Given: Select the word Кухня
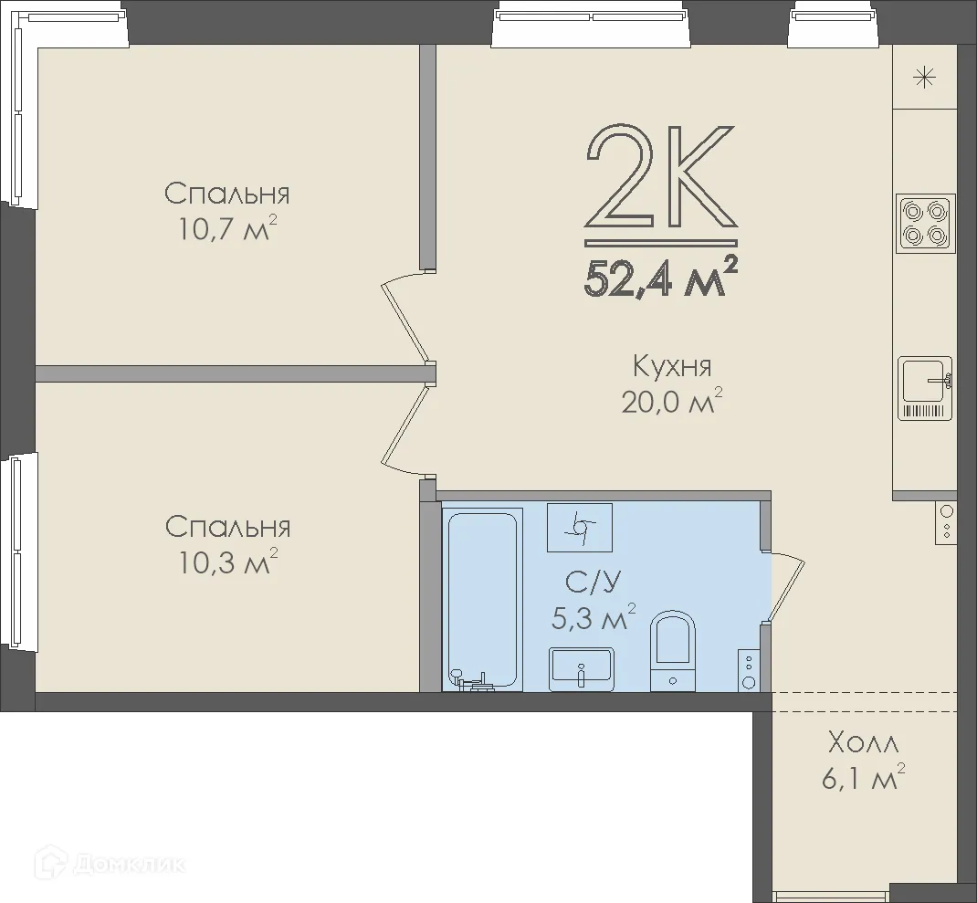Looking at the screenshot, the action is [x=672, y=366].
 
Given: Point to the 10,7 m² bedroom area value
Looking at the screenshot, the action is [x=226, y=228].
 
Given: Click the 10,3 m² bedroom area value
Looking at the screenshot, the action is [x=226, y=562].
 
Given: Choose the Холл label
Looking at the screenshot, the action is [x=863, y=743].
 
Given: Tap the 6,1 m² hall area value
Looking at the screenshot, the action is [x=863, y=778].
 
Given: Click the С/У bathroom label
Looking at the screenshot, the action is [x=594, y=583].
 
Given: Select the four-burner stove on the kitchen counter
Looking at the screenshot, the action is [x=925, y=224].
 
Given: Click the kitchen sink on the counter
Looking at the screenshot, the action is [x=925, y=388].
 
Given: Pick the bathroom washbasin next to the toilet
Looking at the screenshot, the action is [x=582, y=669].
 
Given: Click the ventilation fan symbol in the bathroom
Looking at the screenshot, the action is [x=580, y=528].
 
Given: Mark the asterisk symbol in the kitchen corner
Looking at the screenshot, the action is [x=925, y=78].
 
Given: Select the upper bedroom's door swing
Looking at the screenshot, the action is [x=405, y=318].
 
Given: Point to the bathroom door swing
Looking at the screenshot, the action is [x=786, y=586].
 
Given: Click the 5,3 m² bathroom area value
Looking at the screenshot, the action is [x=594, y=617].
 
